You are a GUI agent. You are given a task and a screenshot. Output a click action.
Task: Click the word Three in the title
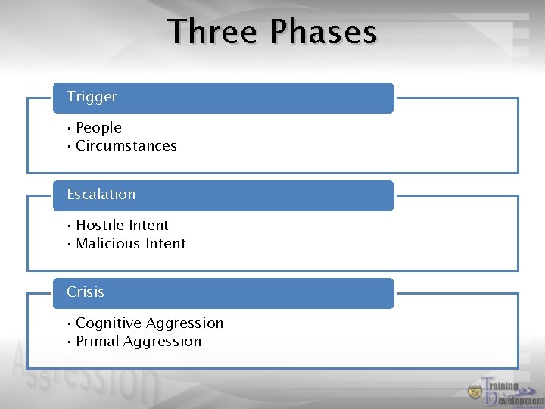[213, 33]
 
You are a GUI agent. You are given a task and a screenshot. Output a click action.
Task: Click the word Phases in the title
[323, 33]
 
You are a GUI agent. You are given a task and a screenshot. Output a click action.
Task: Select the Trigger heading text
[92, 97]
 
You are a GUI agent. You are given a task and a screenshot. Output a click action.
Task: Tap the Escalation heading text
[101, 195]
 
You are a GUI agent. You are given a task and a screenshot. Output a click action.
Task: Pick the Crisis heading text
[86, 292]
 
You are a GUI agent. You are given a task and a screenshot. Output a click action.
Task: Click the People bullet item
[98, 128]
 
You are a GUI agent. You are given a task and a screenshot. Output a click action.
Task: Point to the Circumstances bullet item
[126, 146]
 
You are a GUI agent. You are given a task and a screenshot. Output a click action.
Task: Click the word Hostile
[100, 226]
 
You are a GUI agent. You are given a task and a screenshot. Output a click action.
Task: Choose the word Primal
[97, 342]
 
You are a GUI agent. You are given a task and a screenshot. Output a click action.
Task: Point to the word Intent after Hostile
[148, 226]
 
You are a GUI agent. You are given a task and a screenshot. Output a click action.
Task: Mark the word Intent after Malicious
[165, 244]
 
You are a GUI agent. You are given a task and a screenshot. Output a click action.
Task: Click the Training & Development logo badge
[475, 392]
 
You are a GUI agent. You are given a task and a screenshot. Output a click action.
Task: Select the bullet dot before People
[69, 128]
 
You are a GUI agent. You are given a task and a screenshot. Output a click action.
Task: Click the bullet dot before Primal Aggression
[69, 342]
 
